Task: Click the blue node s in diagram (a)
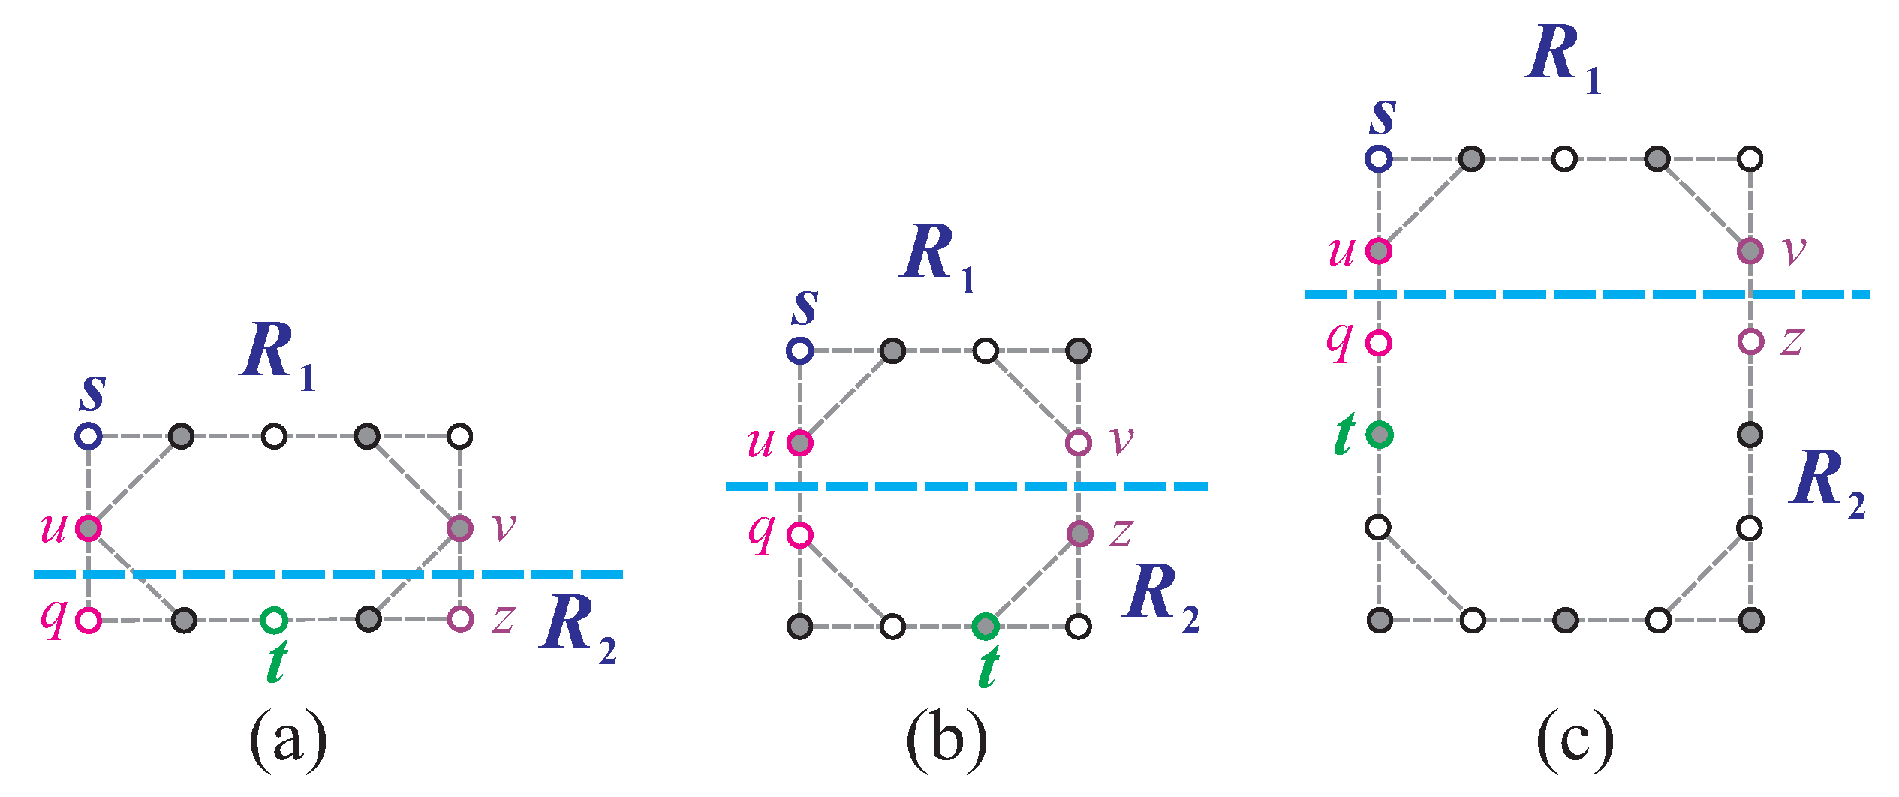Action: [89, 436]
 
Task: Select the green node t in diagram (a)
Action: [274, 620]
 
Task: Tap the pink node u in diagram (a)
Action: [89, 528]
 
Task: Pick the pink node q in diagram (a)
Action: [89, 621]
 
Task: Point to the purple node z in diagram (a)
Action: [460, 619]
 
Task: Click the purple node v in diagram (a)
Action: [460, 528]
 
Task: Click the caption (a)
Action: [288, 742]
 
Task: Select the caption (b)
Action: [946, 742]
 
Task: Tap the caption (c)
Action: [1575, 742]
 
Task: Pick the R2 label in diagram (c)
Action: [1826, 483]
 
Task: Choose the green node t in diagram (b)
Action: [986, 626]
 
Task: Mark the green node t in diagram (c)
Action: [1380, 435]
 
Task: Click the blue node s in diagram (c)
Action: [1379, 158]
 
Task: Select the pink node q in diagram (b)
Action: [800, 535]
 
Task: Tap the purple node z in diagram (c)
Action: [1750, 342]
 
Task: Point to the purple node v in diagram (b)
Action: [1079, 443]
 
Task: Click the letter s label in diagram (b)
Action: [805, 308]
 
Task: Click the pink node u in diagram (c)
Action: [1379, 251]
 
